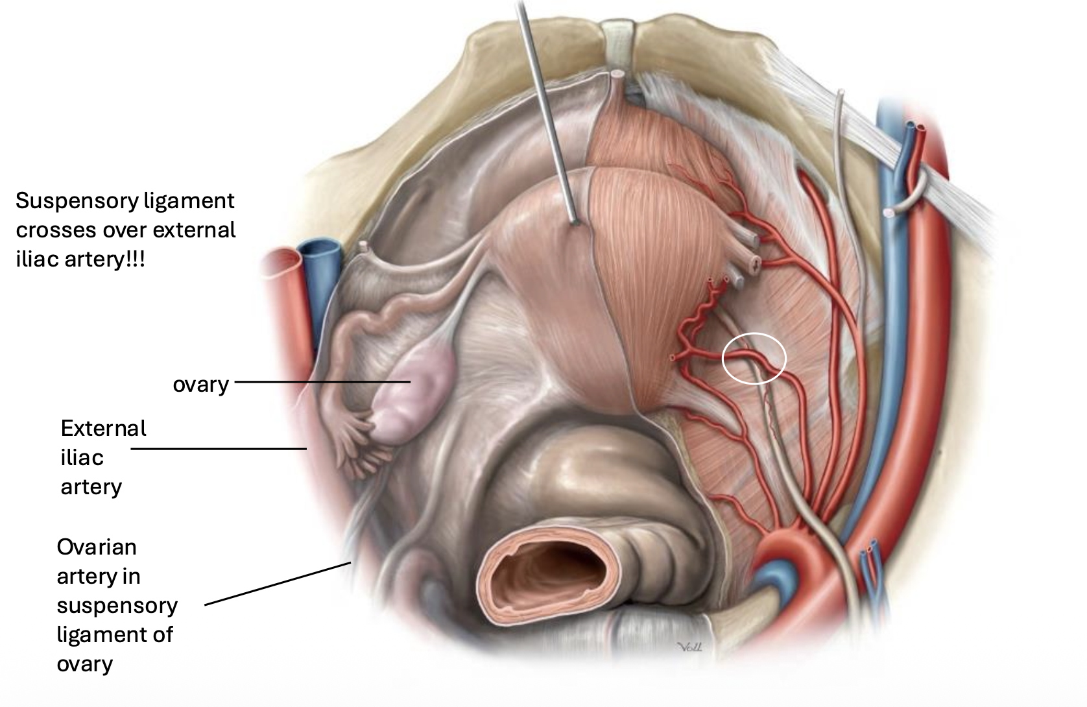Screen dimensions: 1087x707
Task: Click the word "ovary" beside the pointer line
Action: [200, 384]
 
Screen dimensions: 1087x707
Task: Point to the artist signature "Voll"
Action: [688, 647]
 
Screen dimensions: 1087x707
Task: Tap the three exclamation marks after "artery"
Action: [137, 259]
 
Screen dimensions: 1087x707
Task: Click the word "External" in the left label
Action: [103, 428]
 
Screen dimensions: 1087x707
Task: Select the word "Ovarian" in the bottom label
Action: [97, 547]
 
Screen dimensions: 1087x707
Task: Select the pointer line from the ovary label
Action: [322, 382]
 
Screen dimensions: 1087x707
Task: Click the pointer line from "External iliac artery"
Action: [219, 448]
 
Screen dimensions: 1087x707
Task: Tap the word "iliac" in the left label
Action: [82, 457]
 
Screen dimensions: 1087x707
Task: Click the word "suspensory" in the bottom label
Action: [117, 605]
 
